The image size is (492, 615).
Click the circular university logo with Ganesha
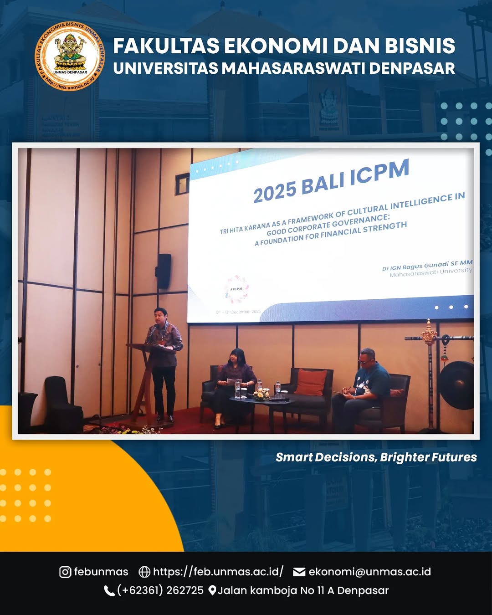click(x=70, y=56)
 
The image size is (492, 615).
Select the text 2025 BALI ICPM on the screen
click(x=331, y=180)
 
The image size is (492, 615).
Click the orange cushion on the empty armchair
click(x=311, y=382)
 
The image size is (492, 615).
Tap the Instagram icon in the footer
click(x=65, y=572)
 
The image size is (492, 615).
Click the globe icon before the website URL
click(x=144, y=572)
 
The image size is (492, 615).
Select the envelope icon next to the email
click(x=299, y=572)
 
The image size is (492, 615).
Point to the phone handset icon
click(x=109, y=591)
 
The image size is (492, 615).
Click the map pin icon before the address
click(x=212, y=590)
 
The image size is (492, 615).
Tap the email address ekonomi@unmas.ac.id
click(x=369, y=572)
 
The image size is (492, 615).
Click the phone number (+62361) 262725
click(x=160, y=590)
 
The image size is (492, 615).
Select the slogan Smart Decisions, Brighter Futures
click(x=376, y=457)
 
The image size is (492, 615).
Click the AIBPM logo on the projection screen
click(x=236, y=289)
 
